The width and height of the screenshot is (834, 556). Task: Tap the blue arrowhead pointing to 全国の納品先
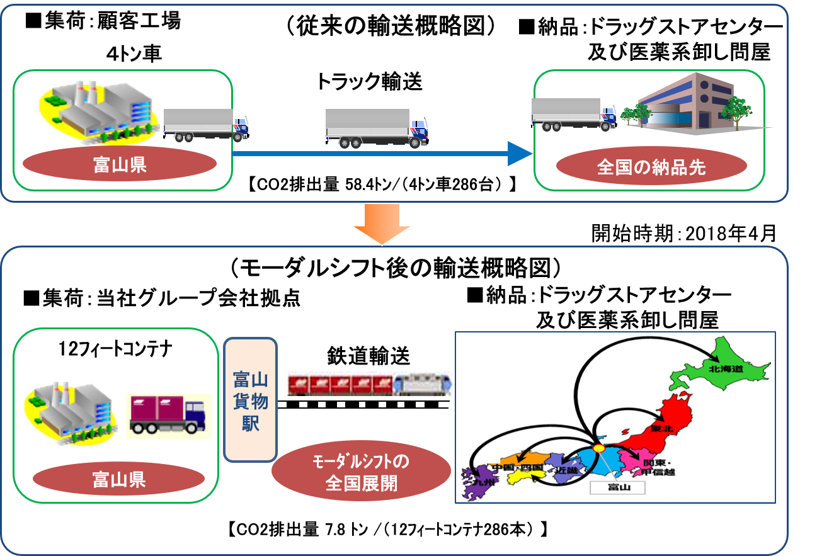520,153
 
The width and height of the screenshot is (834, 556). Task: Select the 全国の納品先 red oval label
651,167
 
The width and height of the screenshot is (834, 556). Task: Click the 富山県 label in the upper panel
120,165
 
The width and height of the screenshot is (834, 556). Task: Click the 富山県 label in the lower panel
119,480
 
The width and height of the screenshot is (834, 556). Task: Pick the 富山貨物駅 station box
251,400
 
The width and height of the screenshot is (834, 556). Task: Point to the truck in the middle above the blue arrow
376,128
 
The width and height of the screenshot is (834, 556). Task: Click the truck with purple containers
168,416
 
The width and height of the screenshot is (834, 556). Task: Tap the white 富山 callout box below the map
617,487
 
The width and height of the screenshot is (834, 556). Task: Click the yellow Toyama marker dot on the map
598,448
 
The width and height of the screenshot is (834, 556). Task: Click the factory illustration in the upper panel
101,109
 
